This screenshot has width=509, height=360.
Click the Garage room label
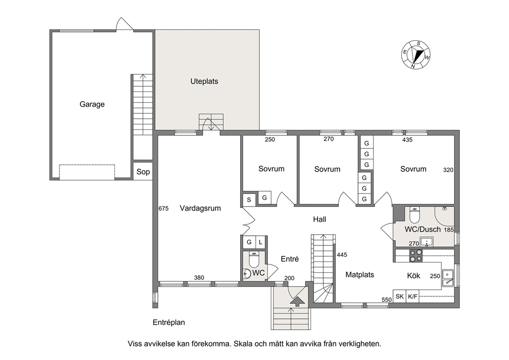[92, 104]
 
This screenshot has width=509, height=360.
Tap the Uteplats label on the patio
[204, 81]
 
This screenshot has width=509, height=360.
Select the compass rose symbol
[416, 54]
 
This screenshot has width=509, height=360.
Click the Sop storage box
[143, 172]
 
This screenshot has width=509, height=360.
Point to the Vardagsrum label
[200, 209]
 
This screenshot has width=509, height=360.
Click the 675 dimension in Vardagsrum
[164, 209]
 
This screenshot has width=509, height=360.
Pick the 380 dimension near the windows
[199, 277]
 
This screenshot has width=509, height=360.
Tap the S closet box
[249, 199]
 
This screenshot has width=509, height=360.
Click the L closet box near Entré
[261, 242]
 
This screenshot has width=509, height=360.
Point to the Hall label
[320, 219]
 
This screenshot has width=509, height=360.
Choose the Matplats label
[360, 275]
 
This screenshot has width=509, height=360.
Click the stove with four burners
[416, 255]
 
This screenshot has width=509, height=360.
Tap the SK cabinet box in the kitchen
[400, 296]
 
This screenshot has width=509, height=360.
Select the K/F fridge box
[413, 296]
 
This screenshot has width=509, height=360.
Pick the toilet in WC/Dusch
[415, 215]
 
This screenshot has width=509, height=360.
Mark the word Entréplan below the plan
[169, 323]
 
